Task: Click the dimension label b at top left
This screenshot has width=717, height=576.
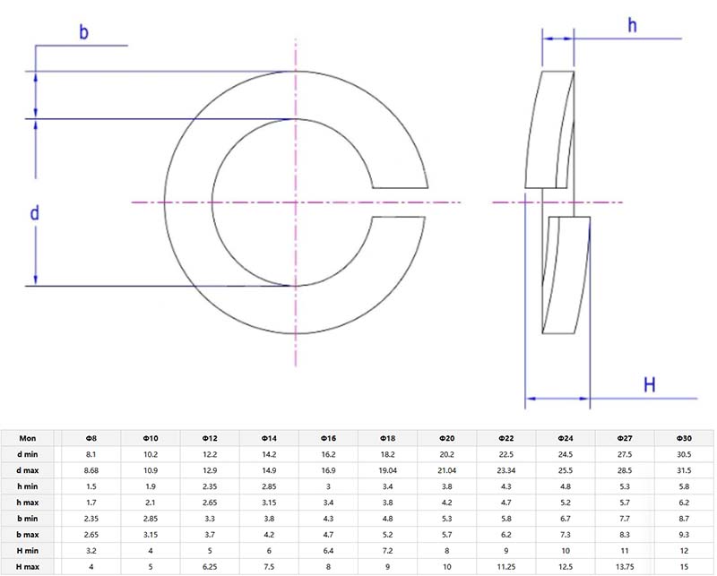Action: (x=83, y=33)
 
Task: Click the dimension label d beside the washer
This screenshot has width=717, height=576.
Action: (x=35, y=213)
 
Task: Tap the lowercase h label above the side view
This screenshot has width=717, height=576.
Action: (x=632, y=26)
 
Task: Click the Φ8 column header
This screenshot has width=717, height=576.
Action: (x=91, y=438)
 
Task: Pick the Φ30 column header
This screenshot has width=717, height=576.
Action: (x=685, y=438)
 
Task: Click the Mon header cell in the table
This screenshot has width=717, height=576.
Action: (x=28, y=438)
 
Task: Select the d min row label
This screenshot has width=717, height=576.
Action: (x=28, y=454)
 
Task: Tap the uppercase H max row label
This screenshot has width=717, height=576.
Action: (x=28, y=567)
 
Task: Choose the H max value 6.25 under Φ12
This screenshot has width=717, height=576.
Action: (x=210, y=567)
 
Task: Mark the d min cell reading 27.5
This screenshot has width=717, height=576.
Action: (x=625, y=454)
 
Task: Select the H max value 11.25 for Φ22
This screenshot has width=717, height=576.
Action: (x=506, y=567)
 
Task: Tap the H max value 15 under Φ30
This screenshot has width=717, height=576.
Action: (x=685, y=567)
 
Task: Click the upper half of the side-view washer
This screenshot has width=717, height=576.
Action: (x=549, y=130)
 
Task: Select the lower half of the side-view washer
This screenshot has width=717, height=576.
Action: (x=566, y=273)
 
